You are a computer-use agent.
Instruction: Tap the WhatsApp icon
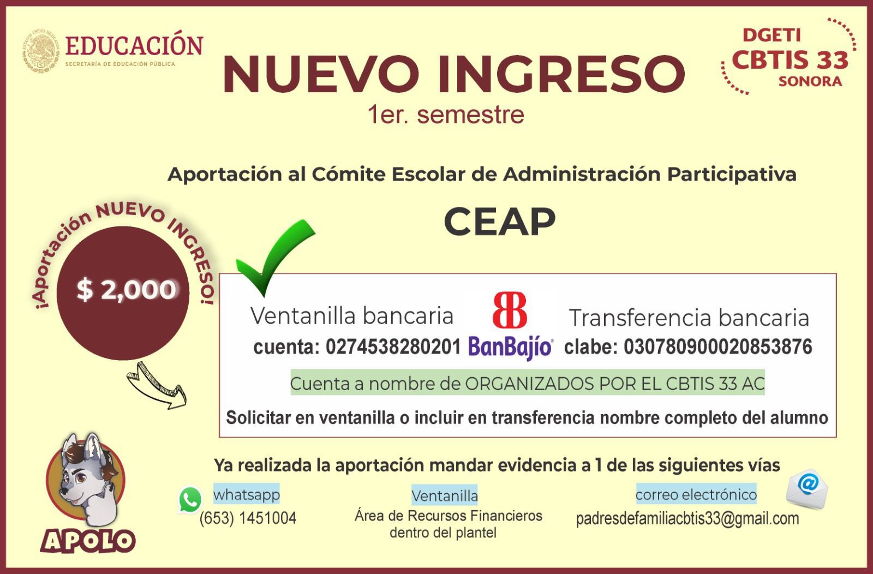(x=190, y=500)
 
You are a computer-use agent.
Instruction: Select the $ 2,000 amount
(x=126, y=290)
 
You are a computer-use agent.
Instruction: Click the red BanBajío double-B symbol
(x=510, y=310)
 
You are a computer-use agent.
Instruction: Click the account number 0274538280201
(x=393, y=346)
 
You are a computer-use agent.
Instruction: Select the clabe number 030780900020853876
(x=718, y=346)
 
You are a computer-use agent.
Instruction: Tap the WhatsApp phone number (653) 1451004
(x=248, y=518)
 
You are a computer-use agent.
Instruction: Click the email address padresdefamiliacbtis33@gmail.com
(x=687, y=519)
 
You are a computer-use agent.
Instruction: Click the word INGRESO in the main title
(x=561, y=74)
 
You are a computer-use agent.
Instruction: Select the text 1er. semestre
(x=446, y=115)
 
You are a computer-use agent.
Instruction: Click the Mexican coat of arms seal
(x=41, y=51)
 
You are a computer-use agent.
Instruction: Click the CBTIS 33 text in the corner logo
(x=790, y=59)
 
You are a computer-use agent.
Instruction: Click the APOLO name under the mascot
(x=88, y=541)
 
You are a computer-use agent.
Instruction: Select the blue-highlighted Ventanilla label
(x=445, y=495)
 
